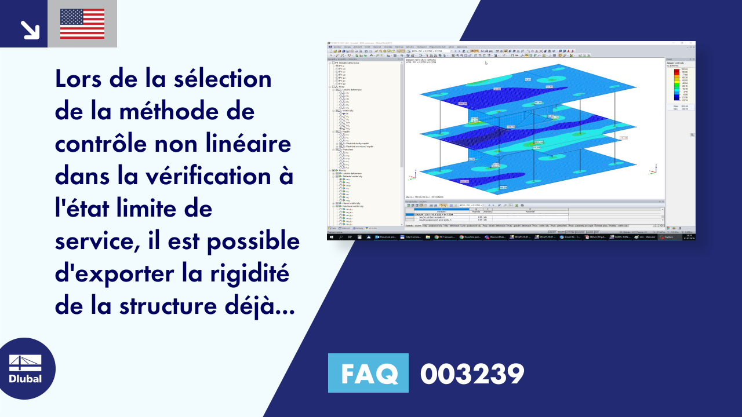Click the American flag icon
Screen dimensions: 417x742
(82, 24)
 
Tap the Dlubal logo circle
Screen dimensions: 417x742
(26, 369)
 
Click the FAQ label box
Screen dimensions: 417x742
(368, 373)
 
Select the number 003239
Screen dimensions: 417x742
(472, 374)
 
